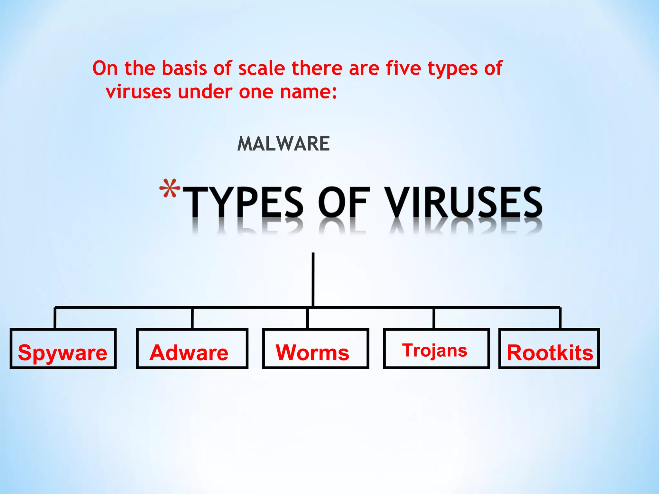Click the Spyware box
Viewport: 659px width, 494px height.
click(63, 349)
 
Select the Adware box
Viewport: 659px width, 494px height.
click(192, 349)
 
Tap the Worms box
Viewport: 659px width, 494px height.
click(315, 349)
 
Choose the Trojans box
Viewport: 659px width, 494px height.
click(436, 349)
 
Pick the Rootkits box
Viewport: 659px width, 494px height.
click(549, 349)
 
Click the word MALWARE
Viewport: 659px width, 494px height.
click(283, 143)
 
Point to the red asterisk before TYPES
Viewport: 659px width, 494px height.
click(170, 188)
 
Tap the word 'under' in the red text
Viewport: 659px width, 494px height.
click(205, 92)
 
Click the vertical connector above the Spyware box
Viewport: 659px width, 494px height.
click(55, 318)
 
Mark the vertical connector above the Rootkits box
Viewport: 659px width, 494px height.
click(560, 318)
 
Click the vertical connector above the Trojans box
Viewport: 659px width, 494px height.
click(434, 318)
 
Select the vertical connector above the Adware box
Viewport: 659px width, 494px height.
click(192, 318)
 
